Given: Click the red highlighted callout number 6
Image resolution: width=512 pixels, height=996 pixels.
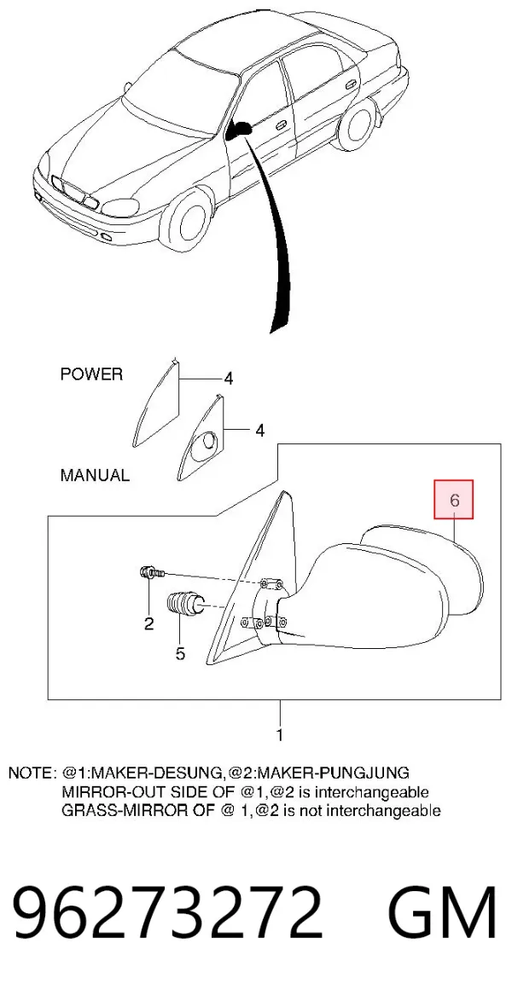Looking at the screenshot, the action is pyautogui.click(x=454, y=500).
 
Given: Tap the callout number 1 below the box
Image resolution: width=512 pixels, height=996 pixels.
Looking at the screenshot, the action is pyautogui.click(x=279, y=736).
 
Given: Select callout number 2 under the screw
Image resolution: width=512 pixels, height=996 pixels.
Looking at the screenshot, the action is pyautogui.click(x=148, y=624).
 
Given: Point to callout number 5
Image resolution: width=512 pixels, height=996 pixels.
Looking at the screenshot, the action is pyautogui.click(x=181, y=652).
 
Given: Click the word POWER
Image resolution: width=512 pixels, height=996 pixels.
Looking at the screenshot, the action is pyautogui.click(x=91, y=374).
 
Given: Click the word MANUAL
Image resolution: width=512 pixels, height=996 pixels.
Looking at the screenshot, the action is pyautogui.click(x=95, y=474).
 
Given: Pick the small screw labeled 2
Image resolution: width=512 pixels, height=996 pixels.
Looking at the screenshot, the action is pyautogui.click(x=152, y=573).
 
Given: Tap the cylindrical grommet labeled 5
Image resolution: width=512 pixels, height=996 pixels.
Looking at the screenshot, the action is pyautogui.click(x=185, y=604).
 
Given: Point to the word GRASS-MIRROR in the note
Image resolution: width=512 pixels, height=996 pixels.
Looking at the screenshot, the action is pyautogui.click(x=115, y=810).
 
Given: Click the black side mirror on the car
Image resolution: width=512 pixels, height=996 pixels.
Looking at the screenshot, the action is pyautogui.click(x=240, y=130).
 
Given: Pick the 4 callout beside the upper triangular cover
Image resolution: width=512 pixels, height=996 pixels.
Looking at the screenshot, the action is pyautogui.click(x=228, y=379).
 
